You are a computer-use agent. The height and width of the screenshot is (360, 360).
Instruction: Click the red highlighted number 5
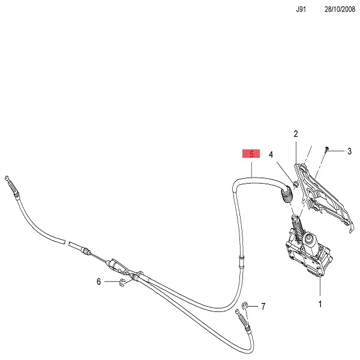pos(251,154)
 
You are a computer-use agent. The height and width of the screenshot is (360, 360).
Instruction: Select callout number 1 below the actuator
pos(320,304)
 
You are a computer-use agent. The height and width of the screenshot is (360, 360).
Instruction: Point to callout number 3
pos(349,151)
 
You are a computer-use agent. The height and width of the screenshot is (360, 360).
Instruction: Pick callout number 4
pos(271,155)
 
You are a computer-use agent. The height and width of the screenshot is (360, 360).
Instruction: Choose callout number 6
pos(99,281)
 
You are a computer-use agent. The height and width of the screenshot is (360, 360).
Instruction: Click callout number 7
pos(263,307)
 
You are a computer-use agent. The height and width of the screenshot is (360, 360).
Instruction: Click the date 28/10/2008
pos(340,10)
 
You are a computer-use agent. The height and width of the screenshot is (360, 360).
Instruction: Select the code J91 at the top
pos(301,10)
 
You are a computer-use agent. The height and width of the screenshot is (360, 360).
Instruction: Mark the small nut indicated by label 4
pos(295,182)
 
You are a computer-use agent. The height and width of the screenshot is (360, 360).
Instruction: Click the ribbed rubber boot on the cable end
pos(285,195)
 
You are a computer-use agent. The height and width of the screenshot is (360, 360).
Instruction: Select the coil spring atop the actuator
pos(296,228)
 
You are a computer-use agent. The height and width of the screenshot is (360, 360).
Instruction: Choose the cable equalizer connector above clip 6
pos(117,263)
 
